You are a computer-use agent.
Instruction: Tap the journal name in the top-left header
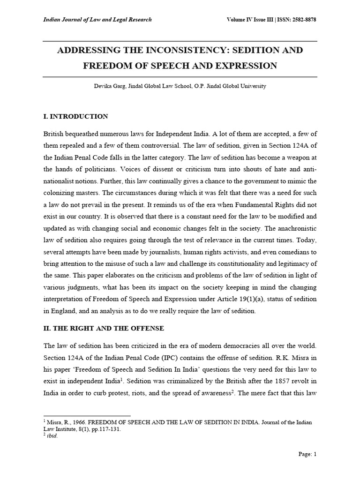pos(97,20)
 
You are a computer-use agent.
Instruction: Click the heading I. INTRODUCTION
pos(75,116)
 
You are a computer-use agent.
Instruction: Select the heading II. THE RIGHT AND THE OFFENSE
pos(104,329)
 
